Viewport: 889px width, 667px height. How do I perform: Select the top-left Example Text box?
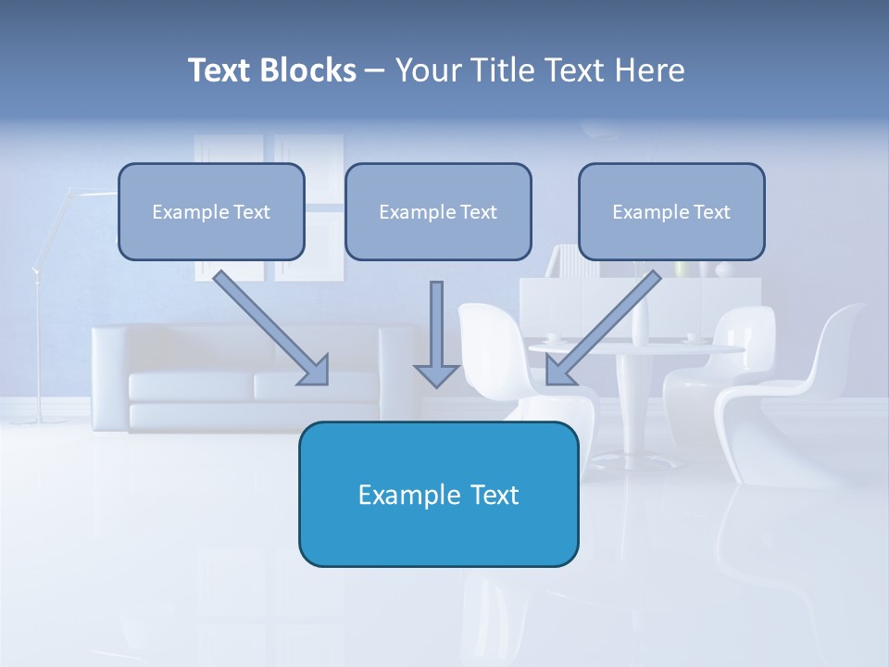click(211, 211)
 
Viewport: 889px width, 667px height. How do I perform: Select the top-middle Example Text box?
click(438, 211)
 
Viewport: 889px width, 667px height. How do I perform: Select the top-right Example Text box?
click(671, 211)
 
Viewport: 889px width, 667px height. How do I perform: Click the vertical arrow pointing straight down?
click(436, 324)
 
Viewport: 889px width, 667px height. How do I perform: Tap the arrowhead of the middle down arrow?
click(436, 374)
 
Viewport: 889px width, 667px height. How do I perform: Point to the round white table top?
click(639, 348)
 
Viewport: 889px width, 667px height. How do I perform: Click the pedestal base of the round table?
click(635, 458)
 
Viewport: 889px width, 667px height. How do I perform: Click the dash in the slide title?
click(375, 70)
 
